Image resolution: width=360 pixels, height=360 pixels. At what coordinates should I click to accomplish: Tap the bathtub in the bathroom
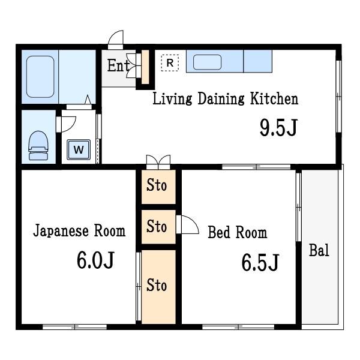pos(40,77)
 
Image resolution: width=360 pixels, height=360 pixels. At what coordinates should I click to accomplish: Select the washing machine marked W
pos(79,149)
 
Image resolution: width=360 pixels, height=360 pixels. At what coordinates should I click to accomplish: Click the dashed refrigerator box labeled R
pos(170,62)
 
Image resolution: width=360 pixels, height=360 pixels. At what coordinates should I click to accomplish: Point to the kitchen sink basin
pos(207,62)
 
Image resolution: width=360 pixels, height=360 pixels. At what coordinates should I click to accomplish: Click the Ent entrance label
pos(118,65)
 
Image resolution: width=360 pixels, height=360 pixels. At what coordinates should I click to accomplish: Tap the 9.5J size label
pos(278,127)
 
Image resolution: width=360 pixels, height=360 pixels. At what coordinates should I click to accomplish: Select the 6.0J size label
pos(95,260)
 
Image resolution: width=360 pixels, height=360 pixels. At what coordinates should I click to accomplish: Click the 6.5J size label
pos(260,262)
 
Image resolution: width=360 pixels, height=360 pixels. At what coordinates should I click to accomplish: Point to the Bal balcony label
pos(319,250)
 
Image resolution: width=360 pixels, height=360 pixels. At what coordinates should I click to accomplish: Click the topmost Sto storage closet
pos(158,187)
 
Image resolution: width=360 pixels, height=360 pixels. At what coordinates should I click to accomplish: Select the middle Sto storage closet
pos(158,227)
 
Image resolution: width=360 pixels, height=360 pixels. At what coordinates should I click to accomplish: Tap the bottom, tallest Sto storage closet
pos(158,287)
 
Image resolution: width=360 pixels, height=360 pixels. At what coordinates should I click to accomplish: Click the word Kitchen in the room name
pos(274,98)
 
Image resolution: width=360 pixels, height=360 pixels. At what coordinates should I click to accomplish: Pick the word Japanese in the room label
pos(61,230)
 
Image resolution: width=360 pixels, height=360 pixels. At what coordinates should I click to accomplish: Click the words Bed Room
pos(238,232)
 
